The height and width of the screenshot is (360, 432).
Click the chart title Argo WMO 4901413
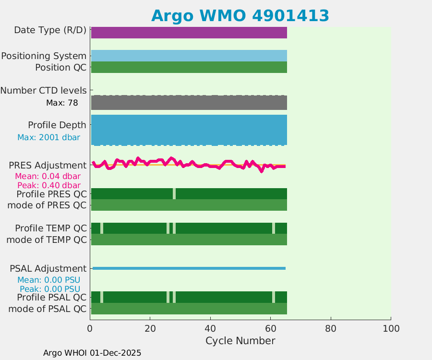pos(240,15)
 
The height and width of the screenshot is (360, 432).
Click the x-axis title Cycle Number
pos(240,341)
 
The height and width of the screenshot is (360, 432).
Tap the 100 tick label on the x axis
pos(391,328)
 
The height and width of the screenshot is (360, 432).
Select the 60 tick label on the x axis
pos(270,328)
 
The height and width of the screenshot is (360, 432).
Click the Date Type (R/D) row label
pos(50,30)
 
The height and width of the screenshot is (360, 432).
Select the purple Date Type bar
pos(189,33)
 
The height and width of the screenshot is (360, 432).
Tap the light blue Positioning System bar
pos(189,56)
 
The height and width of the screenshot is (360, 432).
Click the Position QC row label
pos(60,67)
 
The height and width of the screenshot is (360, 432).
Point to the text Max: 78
pos(62,103)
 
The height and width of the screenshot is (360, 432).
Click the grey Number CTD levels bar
pos(189,103)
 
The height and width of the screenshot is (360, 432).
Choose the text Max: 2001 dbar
pos(48,137)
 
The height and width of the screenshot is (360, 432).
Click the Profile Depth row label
pos(57,125)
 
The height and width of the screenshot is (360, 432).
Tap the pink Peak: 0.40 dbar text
pos(48,185)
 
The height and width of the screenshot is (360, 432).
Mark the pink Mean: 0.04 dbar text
pos(48,176)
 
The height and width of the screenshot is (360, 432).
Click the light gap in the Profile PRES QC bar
pos(174,193)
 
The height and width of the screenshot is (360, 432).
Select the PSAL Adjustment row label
pos(48,268)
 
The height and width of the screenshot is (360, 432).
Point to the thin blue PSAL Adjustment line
pos(189,268)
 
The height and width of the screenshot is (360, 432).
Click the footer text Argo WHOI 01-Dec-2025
pos(92,353)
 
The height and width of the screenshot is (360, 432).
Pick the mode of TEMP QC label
pos(47,240)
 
